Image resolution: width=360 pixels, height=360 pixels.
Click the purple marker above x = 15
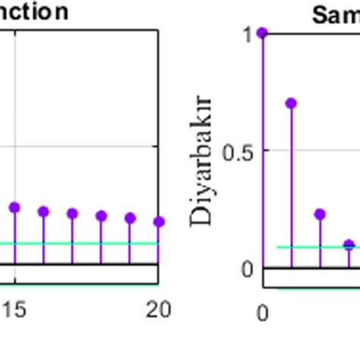[14, 207]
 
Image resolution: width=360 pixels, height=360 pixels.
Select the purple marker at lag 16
[43, 211]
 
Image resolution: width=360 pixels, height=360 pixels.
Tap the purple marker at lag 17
[72, 213]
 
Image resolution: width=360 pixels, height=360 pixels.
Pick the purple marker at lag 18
[101, 216]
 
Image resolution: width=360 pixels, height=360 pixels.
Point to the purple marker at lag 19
[130, 218]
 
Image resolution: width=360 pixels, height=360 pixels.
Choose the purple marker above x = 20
[158, 222]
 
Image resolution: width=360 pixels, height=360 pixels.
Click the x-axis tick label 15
[14, 309]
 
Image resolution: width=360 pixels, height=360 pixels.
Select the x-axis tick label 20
[157, 309]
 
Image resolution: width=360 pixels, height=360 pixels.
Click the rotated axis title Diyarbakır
[204, 161]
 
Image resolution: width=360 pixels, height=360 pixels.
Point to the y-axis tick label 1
[247, 34]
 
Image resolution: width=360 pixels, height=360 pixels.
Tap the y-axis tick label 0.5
[238, 151]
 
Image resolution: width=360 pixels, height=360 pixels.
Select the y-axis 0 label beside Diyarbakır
[247, 269]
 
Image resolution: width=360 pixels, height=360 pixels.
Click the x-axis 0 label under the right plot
[263, 312]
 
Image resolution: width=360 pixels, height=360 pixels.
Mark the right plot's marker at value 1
[263, 33]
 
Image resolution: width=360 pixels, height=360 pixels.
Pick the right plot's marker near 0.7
[291, 103]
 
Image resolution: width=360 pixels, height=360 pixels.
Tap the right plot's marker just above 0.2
[320, 215]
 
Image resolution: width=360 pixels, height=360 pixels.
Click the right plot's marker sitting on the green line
[349, 245]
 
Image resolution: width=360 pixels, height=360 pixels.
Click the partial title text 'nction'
[35, 12]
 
